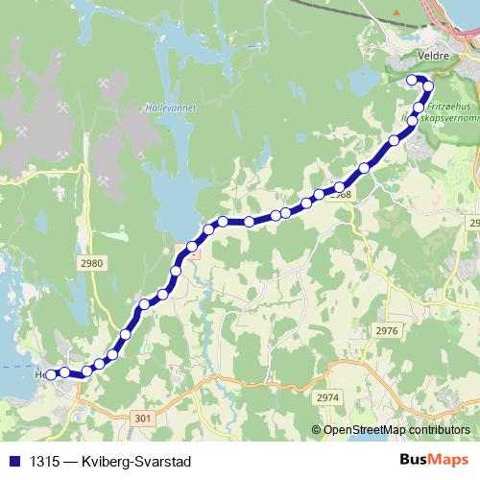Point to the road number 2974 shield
tap(328, 396)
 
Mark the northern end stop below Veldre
tap(413, 80)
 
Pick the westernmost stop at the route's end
tap(51, 374)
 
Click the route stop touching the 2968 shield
tap(340, 187)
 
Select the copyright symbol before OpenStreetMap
tap(318, 430)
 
